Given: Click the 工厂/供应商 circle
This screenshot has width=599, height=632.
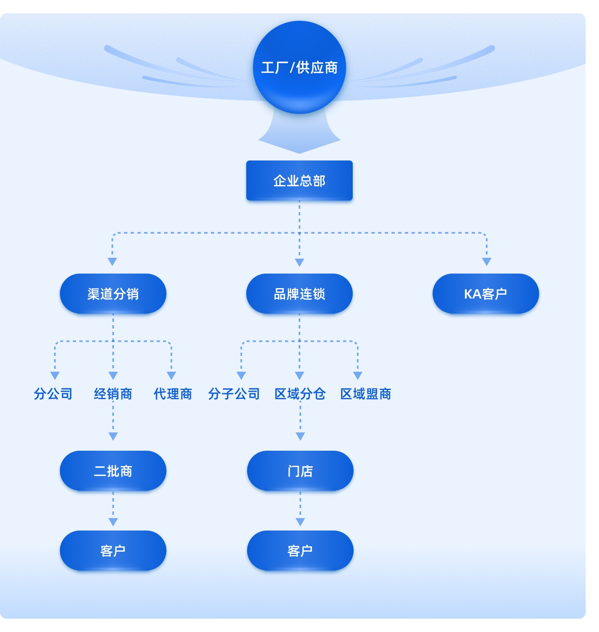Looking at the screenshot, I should coord(299,67).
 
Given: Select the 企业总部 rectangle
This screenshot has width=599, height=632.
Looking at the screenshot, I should coord(299,180).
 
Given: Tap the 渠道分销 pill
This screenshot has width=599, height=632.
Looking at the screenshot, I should coord(113,294).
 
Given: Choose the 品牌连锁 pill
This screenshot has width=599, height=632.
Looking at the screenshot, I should coord(299,294).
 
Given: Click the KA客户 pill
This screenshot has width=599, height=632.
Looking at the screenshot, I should coord(485,294).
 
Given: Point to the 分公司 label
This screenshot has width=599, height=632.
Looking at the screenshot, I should coord(53,393).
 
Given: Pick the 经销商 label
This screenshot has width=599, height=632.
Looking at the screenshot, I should coord(113,393).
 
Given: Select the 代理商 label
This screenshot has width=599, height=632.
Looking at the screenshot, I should coord(173,393).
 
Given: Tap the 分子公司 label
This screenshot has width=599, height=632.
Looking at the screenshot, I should coord(234,393).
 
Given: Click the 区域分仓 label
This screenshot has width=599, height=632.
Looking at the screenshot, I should coord(300,393).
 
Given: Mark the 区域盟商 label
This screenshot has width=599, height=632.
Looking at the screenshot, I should coord(366,393).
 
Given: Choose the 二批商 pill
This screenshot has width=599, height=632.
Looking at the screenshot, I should coord(113,471).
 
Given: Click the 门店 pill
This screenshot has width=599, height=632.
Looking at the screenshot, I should coord(300,471).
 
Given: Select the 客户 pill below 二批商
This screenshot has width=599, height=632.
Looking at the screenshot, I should coord(113,551).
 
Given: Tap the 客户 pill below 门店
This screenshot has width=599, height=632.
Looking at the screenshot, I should coord(300,551).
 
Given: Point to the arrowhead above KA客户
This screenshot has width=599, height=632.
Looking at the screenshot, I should coord(486,262).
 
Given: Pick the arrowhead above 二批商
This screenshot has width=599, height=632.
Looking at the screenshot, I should coord(113,436).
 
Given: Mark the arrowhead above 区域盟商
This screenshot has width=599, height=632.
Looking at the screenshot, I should coord(357,375).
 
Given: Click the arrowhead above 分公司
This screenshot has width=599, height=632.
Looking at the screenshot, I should coord(54,375).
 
